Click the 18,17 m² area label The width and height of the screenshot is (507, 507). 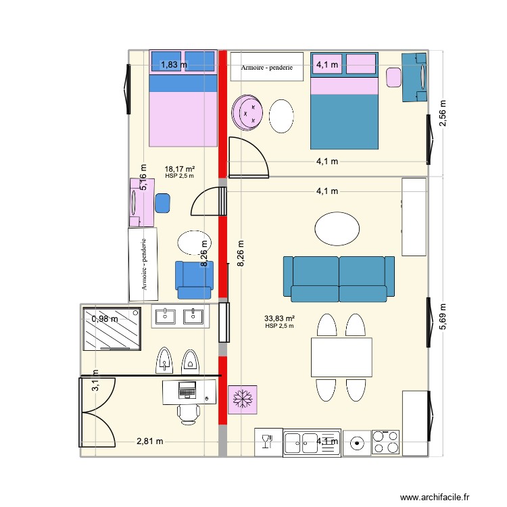(179, 169)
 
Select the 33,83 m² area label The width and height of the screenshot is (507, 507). (280, 319)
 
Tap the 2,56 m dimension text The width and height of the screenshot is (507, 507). (443, 114)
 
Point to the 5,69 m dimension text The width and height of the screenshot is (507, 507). (443, 315)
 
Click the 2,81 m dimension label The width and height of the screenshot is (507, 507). (150, 441)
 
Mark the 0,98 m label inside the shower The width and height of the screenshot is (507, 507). (105, 319)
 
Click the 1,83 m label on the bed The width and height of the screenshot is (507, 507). (173, 65)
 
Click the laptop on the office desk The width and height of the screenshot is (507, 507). (187, 390)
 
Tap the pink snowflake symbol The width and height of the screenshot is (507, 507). (241, 400)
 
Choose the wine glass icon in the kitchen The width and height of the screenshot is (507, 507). (267, 442)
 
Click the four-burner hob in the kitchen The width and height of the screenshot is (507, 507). (386, 442)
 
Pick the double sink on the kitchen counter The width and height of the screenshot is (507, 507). (303, 442)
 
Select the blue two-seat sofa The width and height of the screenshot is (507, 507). (338, 278)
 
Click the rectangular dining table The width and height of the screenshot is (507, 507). (341, 358)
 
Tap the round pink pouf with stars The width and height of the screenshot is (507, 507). (247, 112)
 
